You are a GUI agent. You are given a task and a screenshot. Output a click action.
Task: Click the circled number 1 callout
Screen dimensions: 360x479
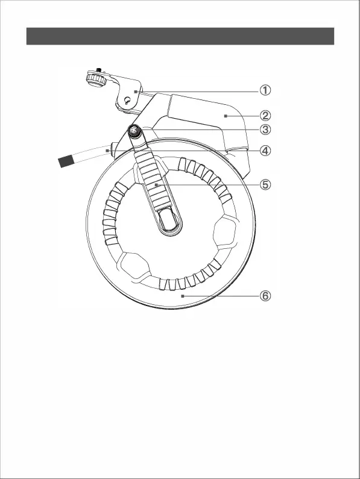265,90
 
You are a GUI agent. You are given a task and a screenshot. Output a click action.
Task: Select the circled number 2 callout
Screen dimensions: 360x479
265,116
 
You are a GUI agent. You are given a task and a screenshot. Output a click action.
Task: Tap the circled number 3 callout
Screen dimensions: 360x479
265,129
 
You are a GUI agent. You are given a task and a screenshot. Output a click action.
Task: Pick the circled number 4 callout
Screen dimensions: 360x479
265,151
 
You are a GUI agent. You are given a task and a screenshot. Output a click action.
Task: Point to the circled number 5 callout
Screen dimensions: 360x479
265,184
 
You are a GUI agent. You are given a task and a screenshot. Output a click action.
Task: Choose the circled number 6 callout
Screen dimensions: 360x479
265,295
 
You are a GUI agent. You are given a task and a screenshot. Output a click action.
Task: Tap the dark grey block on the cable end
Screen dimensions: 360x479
66,161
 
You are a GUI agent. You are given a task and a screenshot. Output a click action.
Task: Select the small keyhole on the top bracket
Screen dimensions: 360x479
127,101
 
